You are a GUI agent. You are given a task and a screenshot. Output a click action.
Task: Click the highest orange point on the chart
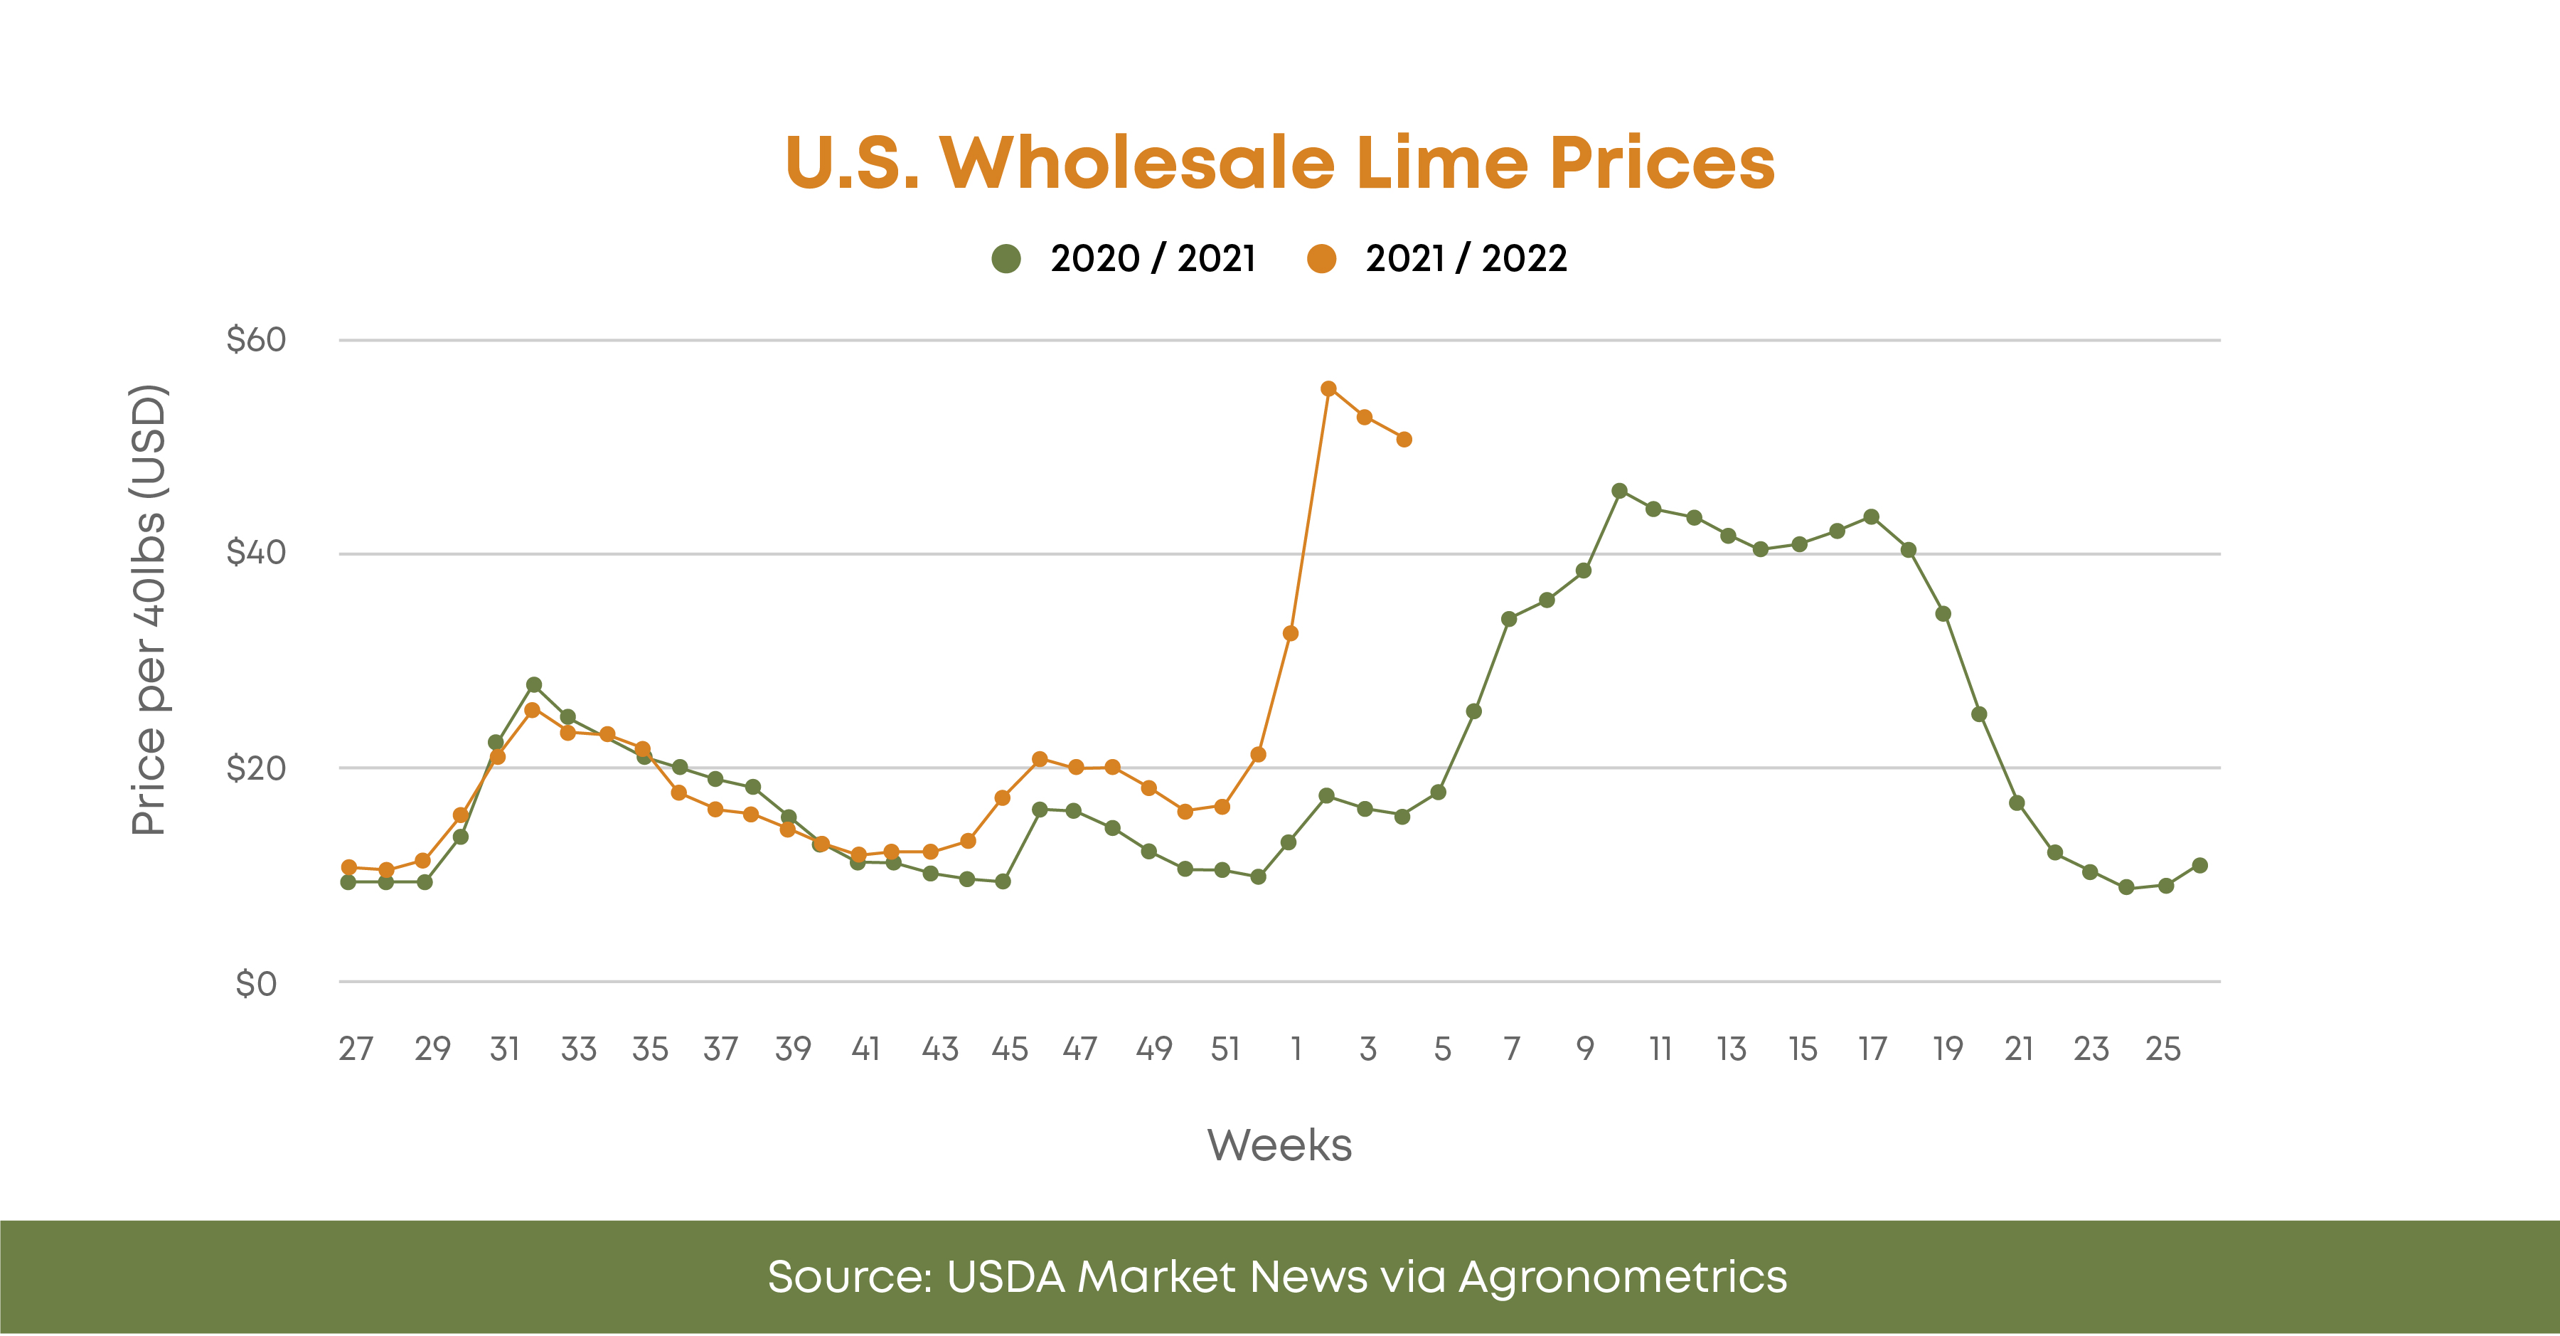click(x=1328, y=388)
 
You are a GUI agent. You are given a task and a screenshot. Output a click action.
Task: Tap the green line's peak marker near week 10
click(x=1619, y=491)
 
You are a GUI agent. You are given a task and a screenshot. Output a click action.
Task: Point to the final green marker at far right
click(x=2199, y=866)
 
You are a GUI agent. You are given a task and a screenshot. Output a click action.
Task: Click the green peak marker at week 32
click(x=533, y=685)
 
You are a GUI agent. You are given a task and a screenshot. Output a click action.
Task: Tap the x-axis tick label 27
click(x=355, y=1049)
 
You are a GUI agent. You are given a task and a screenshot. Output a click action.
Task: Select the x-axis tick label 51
click(x=1225, y=1049)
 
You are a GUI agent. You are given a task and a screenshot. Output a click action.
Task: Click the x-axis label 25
click(x=2162, y=1049)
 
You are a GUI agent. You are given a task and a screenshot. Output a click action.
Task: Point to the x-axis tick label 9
click(x=1585, y=1049)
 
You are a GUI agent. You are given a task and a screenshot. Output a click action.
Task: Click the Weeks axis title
click(x=1279, y=1145)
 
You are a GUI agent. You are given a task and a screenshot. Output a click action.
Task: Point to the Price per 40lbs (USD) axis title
click(x=149, y=610)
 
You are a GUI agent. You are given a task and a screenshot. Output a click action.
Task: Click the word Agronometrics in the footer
click(x=1622, y=1278)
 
